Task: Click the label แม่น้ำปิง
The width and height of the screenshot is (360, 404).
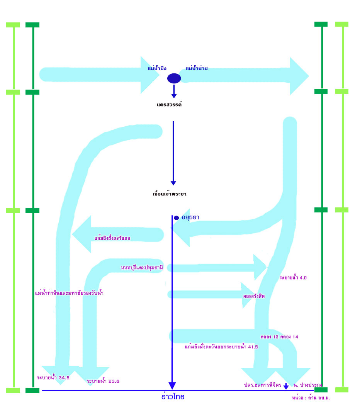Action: [x=157, y=68]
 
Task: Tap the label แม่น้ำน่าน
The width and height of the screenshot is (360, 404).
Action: [x=197, y=68]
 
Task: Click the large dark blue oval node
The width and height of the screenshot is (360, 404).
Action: [x=174, y=78]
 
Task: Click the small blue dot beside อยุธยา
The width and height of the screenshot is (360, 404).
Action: [x=177, y=218]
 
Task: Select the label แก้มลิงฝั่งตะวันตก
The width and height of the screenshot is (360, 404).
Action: [x=112, y=238]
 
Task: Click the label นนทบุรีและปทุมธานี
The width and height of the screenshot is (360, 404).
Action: [x=142, y=267]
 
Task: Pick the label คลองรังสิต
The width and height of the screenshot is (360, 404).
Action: [x=254, y=296]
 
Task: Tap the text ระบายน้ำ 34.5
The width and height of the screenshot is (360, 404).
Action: [x=53, y=378]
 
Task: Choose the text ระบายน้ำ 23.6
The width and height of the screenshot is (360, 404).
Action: [x=103, y=381]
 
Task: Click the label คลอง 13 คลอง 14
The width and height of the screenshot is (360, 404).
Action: [x=279, y=337]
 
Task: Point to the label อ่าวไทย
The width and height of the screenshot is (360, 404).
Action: [x=173, y=397]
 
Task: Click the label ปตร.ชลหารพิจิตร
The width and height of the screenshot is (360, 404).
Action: [x=262, y=385]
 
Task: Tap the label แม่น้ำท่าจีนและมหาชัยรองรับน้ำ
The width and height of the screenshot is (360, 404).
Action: [x=69, y=293]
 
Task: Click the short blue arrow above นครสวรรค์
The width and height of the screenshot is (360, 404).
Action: [x=174, y=92]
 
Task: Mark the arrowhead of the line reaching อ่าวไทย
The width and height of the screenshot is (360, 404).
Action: [x=172, y=385]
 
